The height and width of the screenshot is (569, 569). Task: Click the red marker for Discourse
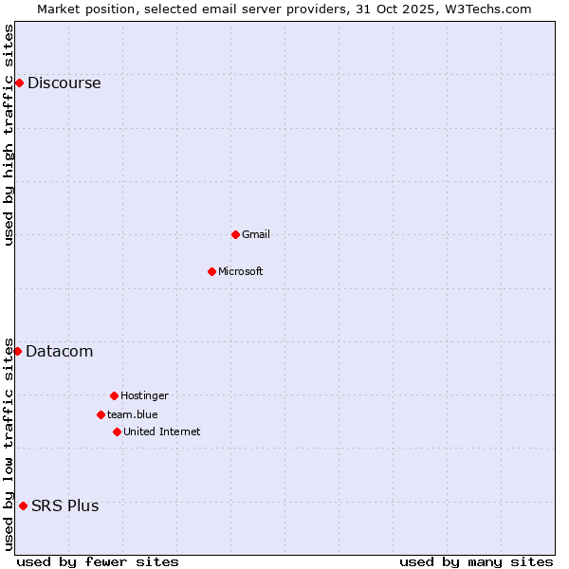click(x=19, y=83)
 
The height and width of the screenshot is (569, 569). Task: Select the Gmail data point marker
click(x=235, y=234)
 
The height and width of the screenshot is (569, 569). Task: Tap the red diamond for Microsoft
click(x=211, y=271)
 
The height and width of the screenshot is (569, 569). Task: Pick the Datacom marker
click(x=17, y=352)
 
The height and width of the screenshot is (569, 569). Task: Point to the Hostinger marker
click(x=114, y=395)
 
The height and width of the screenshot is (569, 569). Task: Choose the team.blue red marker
click(x=101, y=414)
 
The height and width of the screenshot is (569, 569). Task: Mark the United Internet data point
click(x=117, y=431)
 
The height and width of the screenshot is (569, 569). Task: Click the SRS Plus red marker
click(x=23, y=505)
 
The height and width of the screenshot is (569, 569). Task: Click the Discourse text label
click(x=64, y=83)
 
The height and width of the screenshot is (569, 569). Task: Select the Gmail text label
click(x=256, y=234)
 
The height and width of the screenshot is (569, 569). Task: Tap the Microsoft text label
click(x=241, y=271)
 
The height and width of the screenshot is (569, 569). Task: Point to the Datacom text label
click(x=60, y=352)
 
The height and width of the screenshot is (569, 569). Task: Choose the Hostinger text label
click(x=144, y=395)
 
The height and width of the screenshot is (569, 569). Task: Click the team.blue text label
click(x=133, y=414)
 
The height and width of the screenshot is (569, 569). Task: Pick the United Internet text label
click(x=162, y=431)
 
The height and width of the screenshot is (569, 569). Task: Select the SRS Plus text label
click(x=65, y=505)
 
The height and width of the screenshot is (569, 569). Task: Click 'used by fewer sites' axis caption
click(x=98, y=561)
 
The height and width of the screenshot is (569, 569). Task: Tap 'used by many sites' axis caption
click(x=476, y=561)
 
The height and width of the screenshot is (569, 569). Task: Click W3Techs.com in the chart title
click(x=486, y=9)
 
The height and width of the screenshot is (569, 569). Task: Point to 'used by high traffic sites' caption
click(x=9, y=135)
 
